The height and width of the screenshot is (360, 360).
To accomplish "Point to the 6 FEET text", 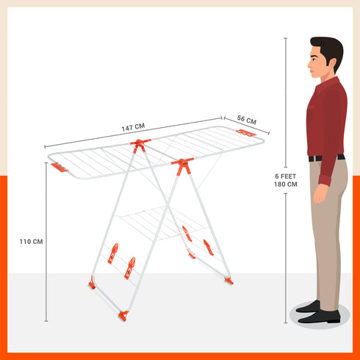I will (286, 176).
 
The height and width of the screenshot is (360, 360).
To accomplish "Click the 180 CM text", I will (286, 184).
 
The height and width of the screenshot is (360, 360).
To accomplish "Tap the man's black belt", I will (325, 157).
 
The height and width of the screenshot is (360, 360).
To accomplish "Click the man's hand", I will (320, 195).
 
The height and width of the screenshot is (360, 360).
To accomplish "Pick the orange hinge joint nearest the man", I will (182, 164).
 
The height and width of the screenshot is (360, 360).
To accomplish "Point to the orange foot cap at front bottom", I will (123, 315).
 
